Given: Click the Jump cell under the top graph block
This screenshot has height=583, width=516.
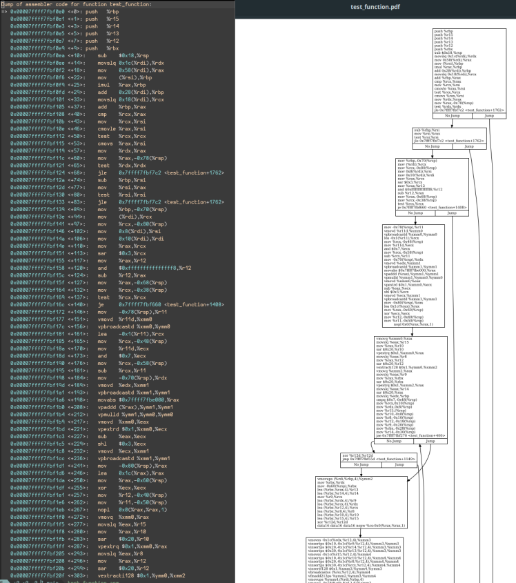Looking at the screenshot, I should point(489,117).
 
